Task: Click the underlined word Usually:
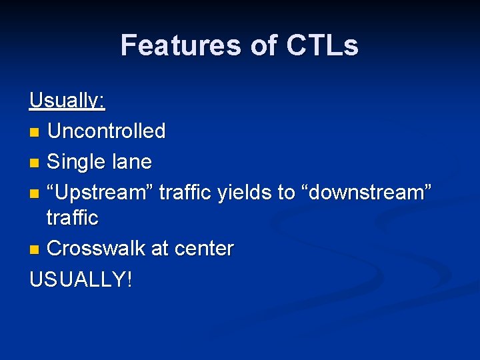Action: click(67, 101)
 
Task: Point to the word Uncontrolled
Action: click(107, 131)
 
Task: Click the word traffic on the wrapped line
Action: click(72, 218)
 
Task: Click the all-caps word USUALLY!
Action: click(81, 279)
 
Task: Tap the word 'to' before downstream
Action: click(286, 193)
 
